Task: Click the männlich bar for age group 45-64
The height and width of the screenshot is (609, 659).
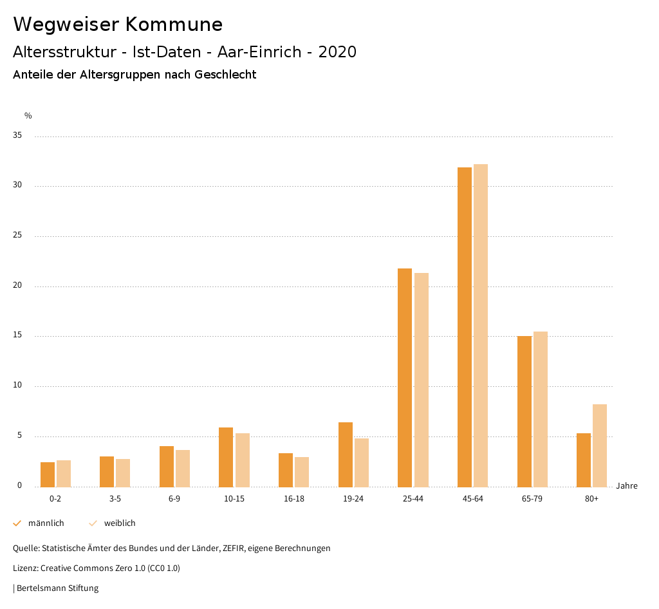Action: [464, 327]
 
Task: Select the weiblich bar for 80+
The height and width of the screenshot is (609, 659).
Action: [600, 445]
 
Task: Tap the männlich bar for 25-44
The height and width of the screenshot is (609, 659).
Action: [405, 377]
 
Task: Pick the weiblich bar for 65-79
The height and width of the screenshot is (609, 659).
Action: [541, 409]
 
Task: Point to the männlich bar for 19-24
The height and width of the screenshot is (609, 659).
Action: [345, 454]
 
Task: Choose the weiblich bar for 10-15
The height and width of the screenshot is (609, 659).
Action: [242, 460]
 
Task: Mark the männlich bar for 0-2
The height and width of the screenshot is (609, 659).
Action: [48, 474]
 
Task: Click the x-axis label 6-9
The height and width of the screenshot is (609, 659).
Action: [174, 499]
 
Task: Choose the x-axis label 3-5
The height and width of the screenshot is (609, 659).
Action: [115, 499]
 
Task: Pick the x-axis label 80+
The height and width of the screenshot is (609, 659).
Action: [592, 499]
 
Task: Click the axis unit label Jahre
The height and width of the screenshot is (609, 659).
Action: [626, 486]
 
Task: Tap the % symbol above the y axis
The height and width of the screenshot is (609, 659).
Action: [28, 116]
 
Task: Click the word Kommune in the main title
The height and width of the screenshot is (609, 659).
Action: [174, 24]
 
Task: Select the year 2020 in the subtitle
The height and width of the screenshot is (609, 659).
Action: [337, 52]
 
